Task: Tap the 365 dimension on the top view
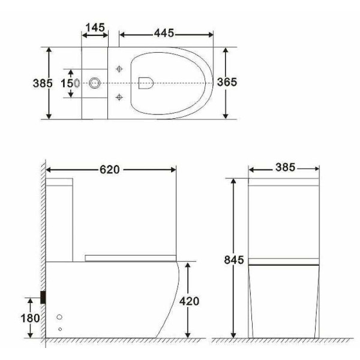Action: (x=226, y=82)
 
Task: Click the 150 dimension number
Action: (x=67, y=83)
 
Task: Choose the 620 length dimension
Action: (x=110, y=170)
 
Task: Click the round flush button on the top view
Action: (x=94, y=83)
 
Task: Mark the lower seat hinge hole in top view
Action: (x=120, y=96)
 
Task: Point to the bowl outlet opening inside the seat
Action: (x=145, y=83)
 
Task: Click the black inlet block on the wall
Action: (x=43, y=296)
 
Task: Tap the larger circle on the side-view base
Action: (x=59, y=316)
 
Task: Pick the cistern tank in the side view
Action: (x=60, y=219)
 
